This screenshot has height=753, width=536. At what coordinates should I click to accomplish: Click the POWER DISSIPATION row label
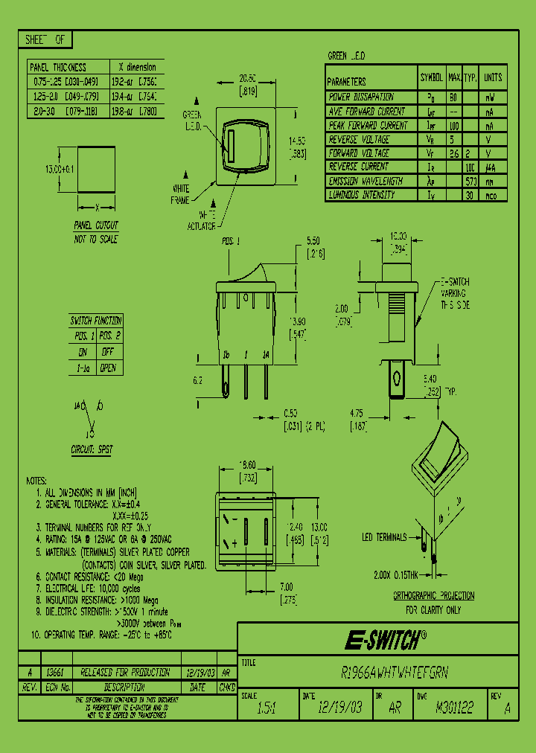pos(361,97)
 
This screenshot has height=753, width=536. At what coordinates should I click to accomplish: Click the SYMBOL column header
pos(431,77)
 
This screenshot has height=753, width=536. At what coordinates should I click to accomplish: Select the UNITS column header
pos(493,77)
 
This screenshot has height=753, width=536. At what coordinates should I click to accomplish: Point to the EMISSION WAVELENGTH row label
pos(366,181)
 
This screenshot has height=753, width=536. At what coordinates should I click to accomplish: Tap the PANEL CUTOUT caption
pos(95,225)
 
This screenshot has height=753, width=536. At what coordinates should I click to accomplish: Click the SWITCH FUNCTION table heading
pos(96,320)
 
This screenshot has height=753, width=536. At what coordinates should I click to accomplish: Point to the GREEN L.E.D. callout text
pos(192,121)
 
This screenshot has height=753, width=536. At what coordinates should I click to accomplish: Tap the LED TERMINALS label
pos(384,537)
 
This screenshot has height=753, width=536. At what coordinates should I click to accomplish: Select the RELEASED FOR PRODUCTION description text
pos(124,671)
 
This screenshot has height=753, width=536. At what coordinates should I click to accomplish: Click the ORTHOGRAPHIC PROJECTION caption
pos(433,596)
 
